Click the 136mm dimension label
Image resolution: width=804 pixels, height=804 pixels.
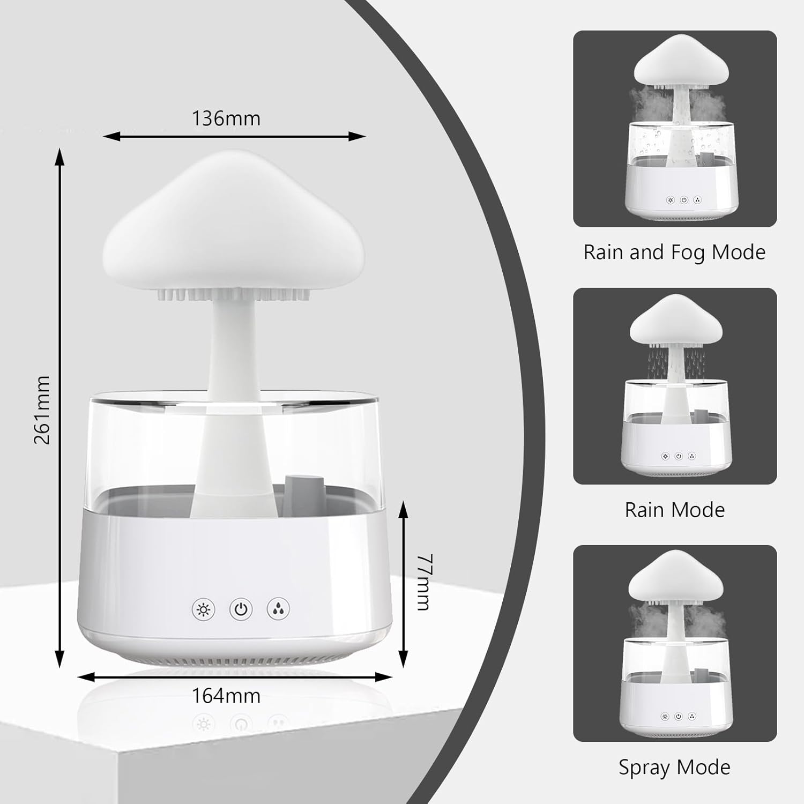pos(226,118)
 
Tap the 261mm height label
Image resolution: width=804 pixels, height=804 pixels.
pos(42,410)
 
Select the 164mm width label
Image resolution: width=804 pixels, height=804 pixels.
pos(226,696)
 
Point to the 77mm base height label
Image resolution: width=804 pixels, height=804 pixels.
pos(423,582)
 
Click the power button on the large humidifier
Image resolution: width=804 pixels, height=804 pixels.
pos(241,609)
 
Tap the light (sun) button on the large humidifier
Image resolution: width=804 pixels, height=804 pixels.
pos(204,609)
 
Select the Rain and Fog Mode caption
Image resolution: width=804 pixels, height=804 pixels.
pos(674,252)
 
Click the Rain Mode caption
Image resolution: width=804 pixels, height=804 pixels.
pos(674,510)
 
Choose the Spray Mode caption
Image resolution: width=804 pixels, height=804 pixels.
pos(674,767)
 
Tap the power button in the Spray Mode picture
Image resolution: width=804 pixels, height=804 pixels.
pos(678,716)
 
